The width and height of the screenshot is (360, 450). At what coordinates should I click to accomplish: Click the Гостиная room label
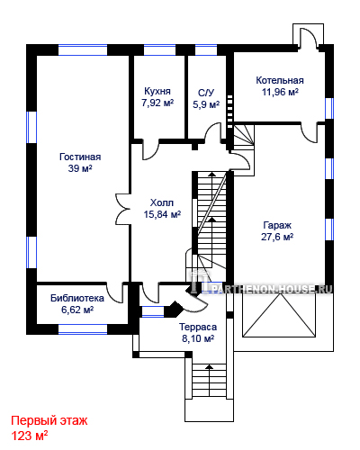pos(80,157)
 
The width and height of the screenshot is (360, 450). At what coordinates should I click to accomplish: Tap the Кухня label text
pos(157,91)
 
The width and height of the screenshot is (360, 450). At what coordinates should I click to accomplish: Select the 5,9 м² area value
pos(206,104)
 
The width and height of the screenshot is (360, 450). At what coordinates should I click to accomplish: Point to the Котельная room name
pos(280,80)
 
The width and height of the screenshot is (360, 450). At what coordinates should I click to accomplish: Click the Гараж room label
pos(277,225)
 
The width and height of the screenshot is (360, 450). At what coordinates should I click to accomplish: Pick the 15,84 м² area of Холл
pos(162,214)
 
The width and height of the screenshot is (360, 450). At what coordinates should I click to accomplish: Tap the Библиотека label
pos(77,298)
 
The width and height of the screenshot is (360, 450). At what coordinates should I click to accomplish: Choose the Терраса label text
pos(198,327)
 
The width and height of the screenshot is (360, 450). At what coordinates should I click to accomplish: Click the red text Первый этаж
pos(49,421)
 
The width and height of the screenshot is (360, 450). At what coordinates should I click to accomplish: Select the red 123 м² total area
pos(30,436)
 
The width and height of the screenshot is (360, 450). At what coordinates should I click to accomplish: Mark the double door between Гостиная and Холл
pos(122,209)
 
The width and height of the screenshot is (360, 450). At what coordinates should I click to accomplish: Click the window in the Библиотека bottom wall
pos(83,329)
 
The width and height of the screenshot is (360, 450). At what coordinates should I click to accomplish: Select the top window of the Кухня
pos(159,49)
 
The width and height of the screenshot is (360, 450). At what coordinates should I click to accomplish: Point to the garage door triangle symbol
pos(279,315)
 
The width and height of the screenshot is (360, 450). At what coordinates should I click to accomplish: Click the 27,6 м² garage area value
pos(277,237)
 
